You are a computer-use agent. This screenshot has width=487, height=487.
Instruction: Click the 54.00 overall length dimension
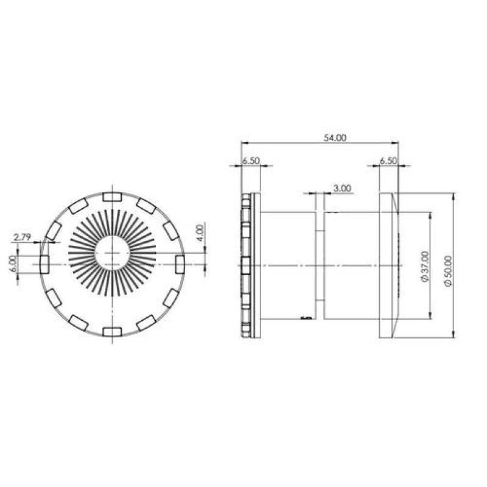335,138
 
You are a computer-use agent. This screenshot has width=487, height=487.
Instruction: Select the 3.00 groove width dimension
342,188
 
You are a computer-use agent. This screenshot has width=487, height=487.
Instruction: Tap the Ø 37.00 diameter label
424,266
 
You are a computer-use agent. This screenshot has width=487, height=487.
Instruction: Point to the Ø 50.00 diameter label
448,271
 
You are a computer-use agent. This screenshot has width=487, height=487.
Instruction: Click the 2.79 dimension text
23,237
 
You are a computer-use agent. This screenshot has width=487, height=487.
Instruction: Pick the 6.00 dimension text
13,264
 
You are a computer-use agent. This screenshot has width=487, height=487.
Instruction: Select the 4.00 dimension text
200,233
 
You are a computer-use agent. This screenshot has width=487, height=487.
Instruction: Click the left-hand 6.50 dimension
251,161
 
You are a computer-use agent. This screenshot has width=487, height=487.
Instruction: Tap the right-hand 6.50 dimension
388,161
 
